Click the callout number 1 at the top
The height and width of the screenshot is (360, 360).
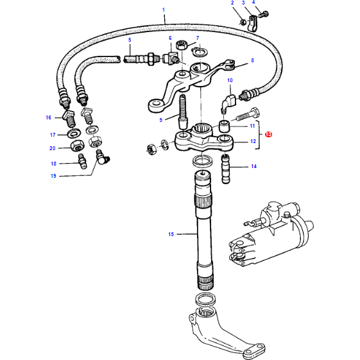[164, 9]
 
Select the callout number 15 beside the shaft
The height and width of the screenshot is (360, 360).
[171, 235]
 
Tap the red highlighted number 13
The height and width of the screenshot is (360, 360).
[268, 135]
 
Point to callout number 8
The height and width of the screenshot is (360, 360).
[252, 60]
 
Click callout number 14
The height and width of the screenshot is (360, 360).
[253, 166]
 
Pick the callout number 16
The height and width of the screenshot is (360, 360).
[48, 117]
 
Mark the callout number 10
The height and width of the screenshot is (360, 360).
[230, 80]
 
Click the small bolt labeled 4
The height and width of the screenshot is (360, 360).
[266, 15]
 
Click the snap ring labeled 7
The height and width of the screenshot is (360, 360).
[201, 52]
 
